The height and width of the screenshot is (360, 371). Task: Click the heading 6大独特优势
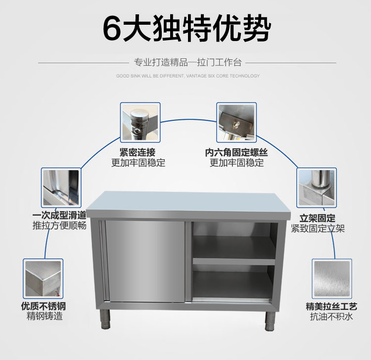coord(186,28)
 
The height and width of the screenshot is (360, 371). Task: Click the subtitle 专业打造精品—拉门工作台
coord(187,63)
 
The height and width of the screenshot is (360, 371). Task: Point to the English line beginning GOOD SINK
coord(187,76)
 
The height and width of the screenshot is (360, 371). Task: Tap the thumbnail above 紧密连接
coord(140,122)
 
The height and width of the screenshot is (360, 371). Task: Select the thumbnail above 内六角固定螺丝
coord(236,122)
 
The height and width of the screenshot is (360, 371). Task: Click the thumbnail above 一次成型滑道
coord(61,188)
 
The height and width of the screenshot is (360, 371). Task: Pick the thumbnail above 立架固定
coord(316,188)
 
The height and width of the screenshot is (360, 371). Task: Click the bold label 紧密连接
coord(138,152)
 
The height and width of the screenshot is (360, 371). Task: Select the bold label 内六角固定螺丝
coord(236,152)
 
